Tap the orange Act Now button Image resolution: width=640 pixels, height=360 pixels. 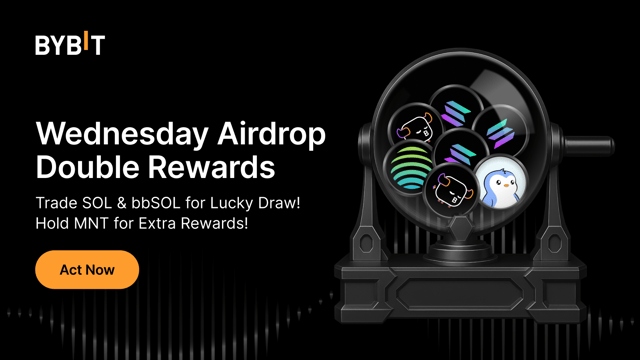coord(87,270)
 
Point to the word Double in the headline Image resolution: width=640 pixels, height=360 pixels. coord(83,163)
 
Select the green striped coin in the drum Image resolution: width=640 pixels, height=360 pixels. coord(409,167)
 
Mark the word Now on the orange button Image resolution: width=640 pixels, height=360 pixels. coord(100,270)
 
